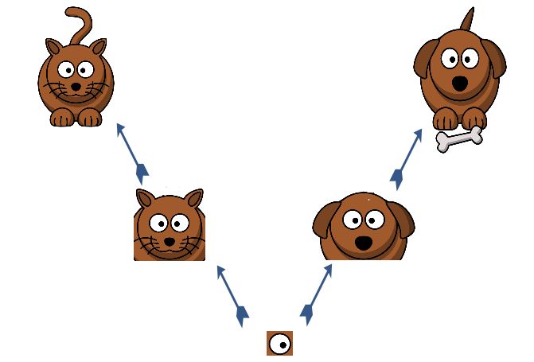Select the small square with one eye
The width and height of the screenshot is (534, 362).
pyautogui.click(x=279, y=343)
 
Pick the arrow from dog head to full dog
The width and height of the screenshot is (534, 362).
pyautogui.click(x=407, y=158)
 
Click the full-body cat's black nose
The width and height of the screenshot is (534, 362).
pyautogui.click(x=75, y=86)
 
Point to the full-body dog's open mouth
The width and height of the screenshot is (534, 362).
pyautogui.click(x=460, y=83)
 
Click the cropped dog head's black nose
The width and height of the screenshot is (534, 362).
pyautogui.click(x=363, y=242)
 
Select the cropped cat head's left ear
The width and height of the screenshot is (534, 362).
pyautogui.click(x=146, y=199)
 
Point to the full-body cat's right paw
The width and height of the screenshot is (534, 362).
pyautogui.click(x=88, y=119)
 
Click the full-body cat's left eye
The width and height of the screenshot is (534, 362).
pyautogui.click(x=66, y=69)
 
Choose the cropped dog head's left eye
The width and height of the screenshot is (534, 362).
pyautogui.click(x=353, y=220)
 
